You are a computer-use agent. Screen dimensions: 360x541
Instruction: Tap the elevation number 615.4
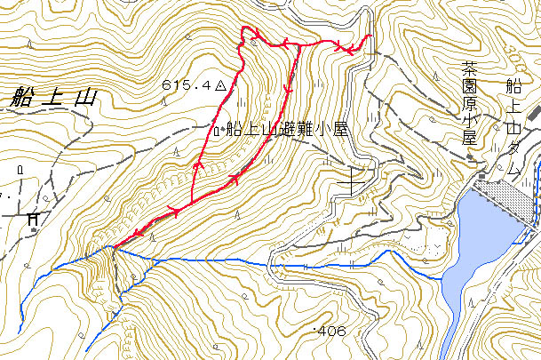click(x=187, y=84)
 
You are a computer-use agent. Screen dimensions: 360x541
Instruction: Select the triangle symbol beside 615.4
click(x=220, y=85)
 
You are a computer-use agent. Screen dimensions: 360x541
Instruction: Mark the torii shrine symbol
click(x=34, y=218)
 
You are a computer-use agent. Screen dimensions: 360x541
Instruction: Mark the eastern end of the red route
click(x=369, y=36)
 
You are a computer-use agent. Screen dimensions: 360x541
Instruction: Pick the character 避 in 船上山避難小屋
click(x=286, y=130)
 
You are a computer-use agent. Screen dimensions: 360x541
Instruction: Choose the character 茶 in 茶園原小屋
click(x=469, y=68)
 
